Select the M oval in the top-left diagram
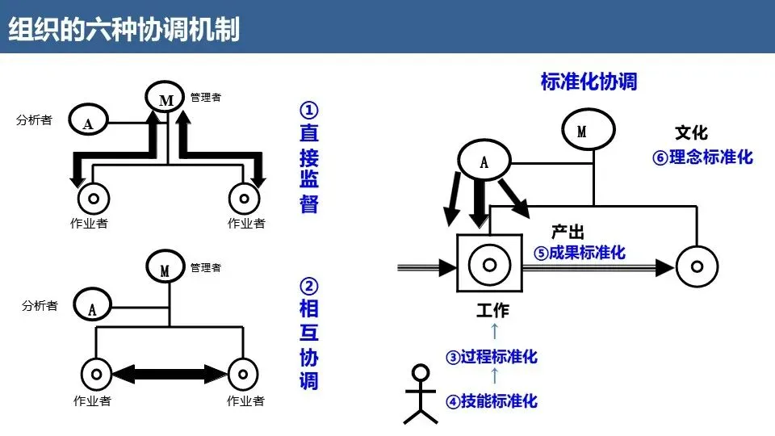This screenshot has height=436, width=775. [166, 99]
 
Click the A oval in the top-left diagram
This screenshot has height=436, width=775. [88, 122]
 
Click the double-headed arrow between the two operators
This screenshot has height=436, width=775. [170, 373]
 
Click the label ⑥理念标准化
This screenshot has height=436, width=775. [702, 157]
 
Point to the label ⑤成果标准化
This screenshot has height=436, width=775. [580, 253]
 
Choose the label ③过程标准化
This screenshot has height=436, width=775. [492, 357]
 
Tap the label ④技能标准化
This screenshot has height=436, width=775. [492, 400]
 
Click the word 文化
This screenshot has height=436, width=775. [691, 132]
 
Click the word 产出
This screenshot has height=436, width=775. [568, 232]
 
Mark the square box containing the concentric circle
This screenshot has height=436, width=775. [489, 264]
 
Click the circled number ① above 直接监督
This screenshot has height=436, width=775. [309, 109]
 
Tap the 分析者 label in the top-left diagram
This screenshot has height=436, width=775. [35, 120]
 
